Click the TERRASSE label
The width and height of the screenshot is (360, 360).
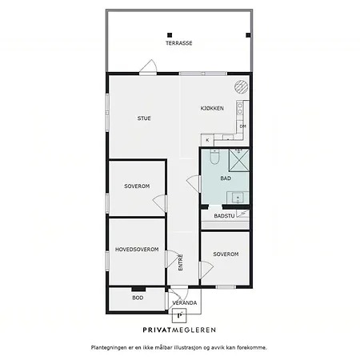click(x=179, y=43)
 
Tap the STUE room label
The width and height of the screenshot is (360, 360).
click(x=144, y=118)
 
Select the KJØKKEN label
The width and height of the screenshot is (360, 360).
click(x=212, y=108)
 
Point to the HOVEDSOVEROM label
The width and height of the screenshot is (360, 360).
click(x=137, y=250)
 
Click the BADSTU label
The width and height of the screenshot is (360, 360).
click(x=224, y=216)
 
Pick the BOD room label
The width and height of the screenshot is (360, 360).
click(x=138, y=298)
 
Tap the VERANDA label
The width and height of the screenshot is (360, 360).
click(x=185, y=303)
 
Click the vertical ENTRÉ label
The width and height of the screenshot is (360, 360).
click(x=181, y=262)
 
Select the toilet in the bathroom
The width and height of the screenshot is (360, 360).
click(x=214, y=157)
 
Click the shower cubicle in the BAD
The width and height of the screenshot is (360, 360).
click(x=239, y=160)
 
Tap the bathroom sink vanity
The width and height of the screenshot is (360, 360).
click(x=238, y=198)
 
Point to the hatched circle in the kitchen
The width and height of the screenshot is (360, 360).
click(x=242, y=87)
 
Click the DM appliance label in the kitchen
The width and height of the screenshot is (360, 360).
click(x=242, y=126)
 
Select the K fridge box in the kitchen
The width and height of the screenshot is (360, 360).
click(x=207, y=140)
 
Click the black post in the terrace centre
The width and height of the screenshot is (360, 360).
click(x=170, y=35)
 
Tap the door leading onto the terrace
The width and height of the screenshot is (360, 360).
click(x=148, y=66)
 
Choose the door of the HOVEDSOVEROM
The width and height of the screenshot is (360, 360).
click(x=173, y=258)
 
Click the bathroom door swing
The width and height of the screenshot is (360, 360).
click(x=194, y=183)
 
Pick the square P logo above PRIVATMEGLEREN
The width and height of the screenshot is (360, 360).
click(x=179, y=315)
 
